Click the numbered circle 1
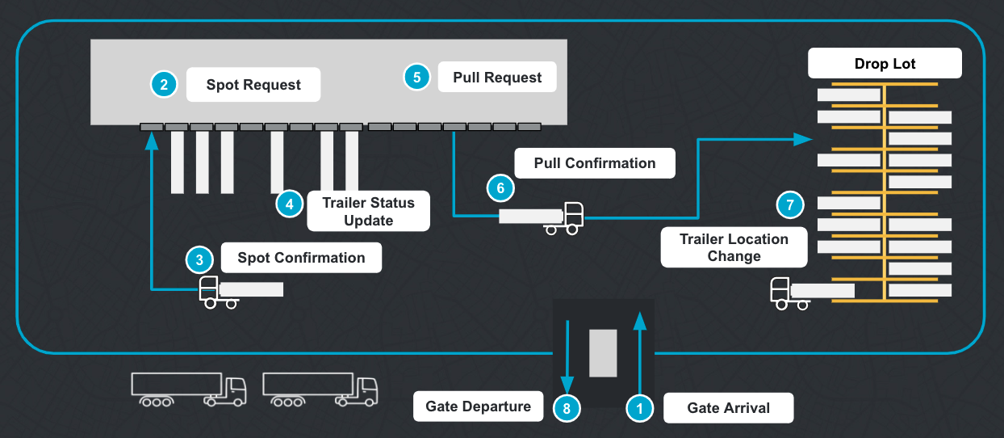[640, 409]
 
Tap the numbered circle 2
[164, 84]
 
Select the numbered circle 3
[199, 259]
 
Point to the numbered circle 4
[289, 204]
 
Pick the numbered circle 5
[416, 78]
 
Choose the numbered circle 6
[500, 188]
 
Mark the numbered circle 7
[790, 204]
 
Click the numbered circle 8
[567, 409]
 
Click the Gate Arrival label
[728, 408]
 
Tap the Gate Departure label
[479, 406]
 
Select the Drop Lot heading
[885, 64]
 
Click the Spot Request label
[253, 85]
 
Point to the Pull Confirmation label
[595, 163]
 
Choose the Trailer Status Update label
[368, 212]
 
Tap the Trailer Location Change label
[734, 247]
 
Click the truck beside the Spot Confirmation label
[241, 292]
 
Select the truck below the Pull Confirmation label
[541, 217]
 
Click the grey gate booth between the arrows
[603, 353]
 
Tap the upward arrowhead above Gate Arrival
[640, 321]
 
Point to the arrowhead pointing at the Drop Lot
[802, 139]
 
